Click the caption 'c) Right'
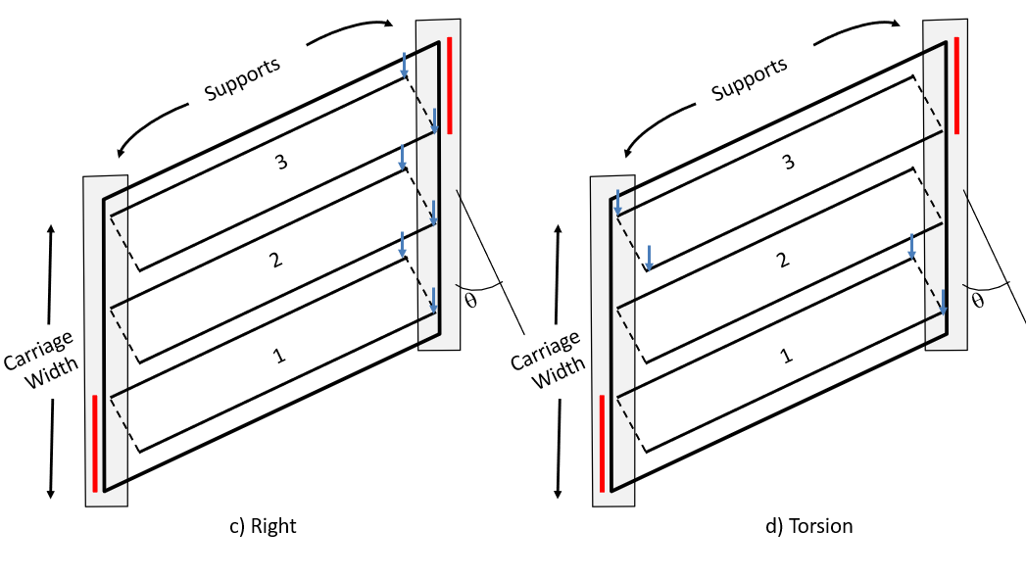262,526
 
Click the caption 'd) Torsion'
808,526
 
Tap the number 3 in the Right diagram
281,163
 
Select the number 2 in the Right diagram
275,260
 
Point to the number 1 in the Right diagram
280,356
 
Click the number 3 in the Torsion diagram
788,163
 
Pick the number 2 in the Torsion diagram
782,260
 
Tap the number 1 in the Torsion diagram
787,356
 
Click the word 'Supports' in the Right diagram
242,78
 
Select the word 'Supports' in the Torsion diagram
749,78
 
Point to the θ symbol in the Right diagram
470,299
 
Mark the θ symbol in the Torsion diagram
977,299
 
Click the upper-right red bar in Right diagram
450,85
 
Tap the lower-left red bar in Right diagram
95,443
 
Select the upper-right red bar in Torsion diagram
956,85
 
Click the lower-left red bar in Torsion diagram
602,443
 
